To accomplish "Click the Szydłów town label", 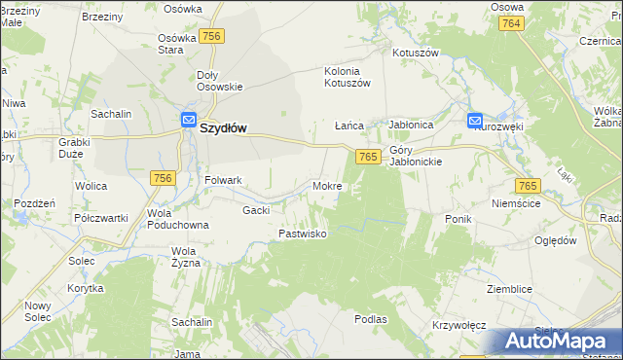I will pos(224,126).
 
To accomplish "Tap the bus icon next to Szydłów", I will pos(189,120).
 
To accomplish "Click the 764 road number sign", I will pos(512,22).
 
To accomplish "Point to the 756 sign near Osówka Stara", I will pos(213,36).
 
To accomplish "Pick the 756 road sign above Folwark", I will pos(163,177).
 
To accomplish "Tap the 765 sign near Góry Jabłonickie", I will pos(367,157).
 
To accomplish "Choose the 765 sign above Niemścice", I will pos(528,185).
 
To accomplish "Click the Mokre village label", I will pos(326,185).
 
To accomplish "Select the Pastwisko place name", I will pos(302,234).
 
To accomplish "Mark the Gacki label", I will pos(256,210).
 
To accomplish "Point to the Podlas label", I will pos(371,318).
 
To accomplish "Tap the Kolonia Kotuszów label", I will pos(348,77).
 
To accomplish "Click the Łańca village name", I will pos(348,126).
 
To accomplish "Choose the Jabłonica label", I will pos(410,126).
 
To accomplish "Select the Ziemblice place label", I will pos(510,289).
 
